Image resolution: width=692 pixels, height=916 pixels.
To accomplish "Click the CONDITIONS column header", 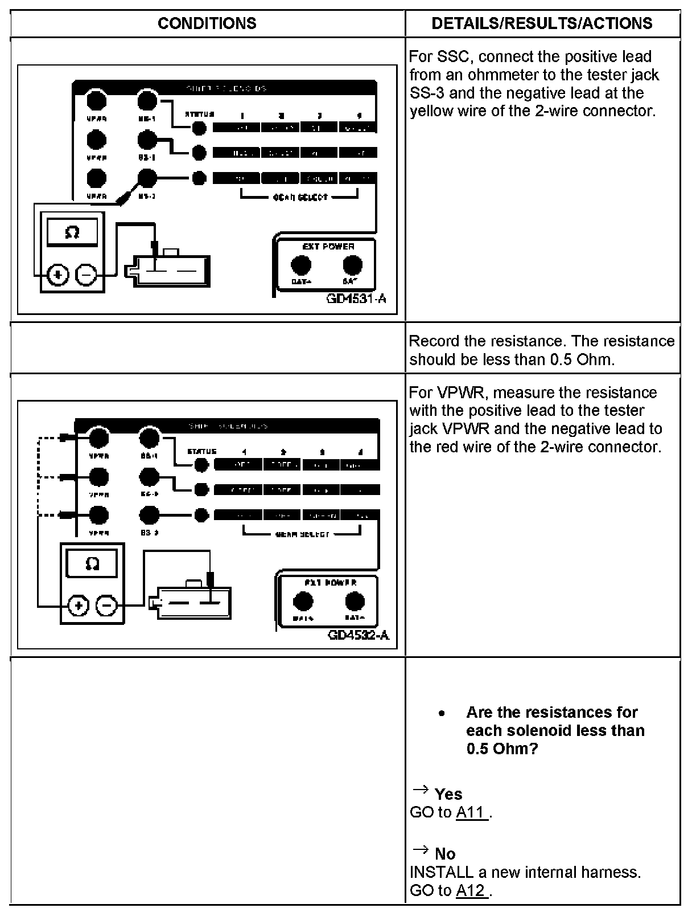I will click(x=207, y=23).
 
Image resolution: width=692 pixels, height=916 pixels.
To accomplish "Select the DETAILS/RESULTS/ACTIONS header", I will click(x=542, y=23).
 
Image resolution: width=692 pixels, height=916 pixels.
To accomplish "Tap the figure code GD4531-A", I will click(x=357, y=298).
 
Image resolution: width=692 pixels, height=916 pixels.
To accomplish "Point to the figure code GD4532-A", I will click(x=359, y=635).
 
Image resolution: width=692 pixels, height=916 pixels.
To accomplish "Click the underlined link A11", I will click(x=472, y=812).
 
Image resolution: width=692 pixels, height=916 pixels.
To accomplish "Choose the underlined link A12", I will click(x=472, y=890).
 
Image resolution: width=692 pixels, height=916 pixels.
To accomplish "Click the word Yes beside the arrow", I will click(x=448, y=794).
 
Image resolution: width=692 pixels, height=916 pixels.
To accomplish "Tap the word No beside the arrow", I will click(x=445, y=854).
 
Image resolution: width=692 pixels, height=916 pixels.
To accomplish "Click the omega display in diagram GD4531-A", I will click(x=72, y=233).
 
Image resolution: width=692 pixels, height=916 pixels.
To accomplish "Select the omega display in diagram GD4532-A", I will click(x=92, y=564).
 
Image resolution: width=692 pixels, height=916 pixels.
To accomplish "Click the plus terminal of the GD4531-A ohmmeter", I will click(x=57, y=275).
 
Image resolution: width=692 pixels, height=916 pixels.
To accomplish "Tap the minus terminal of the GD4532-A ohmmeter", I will click(x=106, y=606).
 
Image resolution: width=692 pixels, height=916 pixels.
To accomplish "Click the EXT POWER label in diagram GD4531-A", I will click(x=328, y=247).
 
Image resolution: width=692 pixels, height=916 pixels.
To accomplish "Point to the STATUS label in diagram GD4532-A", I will click(x=201, y=452).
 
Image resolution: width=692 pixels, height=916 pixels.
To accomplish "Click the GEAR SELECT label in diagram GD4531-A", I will click(x=300, y=197).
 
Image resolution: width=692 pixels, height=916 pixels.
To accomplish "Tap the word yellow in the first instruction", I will click(x=432, y=111).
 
